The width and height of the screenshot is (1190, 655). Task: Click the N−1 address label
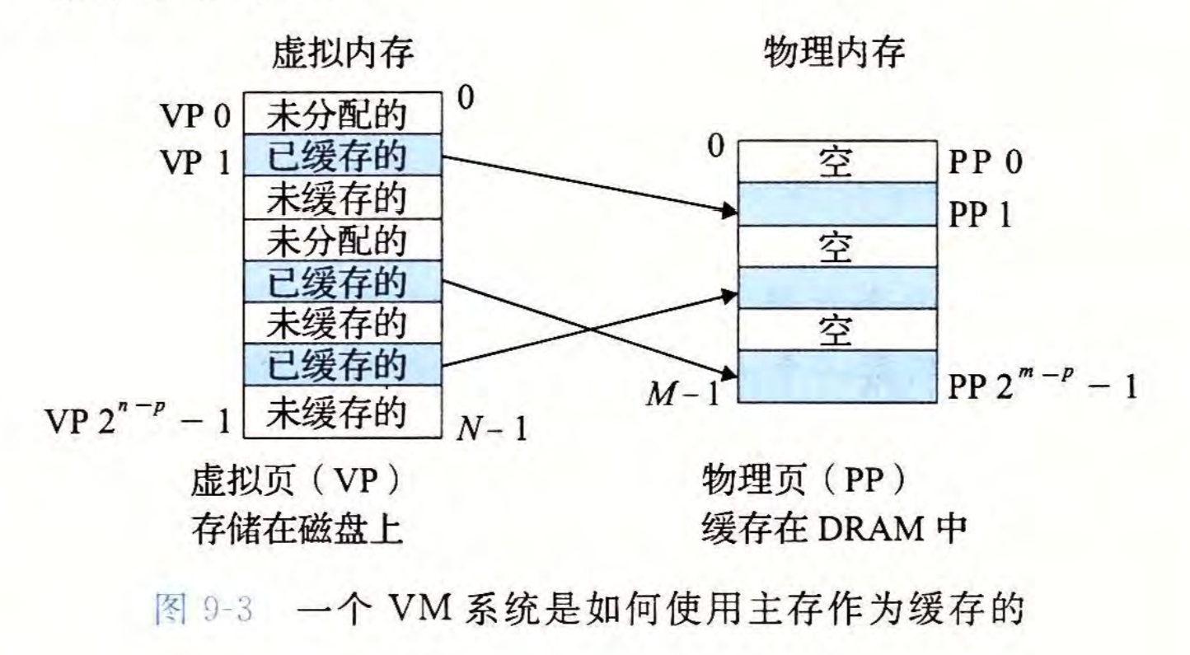[492, 428]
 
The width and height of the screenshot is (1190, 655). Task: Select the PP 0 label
[985, 162]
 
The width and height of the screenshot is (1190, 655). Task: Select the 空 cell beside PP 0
[836, 161]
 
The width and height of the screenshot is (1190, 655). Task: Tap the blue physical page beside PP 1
[836, 204]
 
